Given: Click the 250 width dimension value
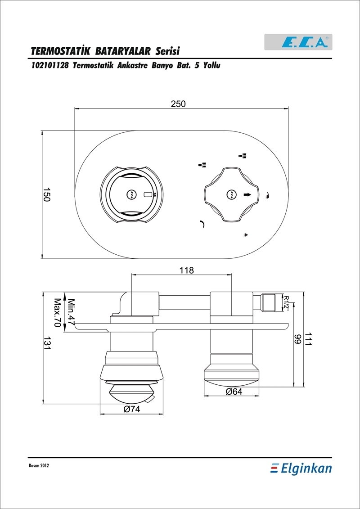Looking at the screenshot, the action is (178, 104).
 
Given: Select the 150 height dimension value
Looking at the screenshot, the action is (47, 195).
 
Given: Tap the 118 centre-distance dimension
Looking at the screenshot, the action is (186, 270).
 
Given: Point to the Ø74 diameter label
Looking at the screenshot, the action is (131, 410).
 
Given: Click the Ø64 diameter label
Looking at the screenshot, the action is (234, 392).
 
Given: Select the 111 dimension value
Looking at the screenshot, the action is (308, 340).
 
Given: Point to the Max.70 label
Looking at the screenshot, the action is (58, 313).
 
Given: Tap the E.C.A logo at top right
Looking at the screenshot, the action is (298, 42).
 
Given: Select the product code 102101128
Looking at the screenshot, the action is (49, 66).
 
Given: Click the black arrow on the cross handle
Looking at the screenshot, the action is (247, 194).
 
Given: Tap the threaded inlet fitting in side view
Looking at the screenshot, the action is (268, 302).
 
